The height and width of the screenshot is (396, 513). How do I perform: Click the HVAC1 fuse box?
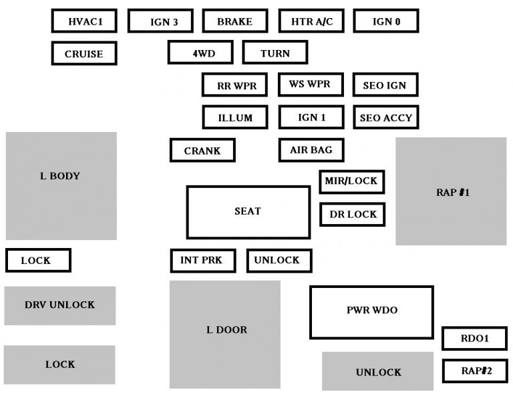click(x=85, y=21)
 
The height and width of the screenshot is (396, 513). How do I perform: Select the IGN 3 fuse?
click(x=161, y=21)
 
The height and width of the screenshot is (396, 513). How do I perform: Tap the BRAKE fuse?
click(x=235, y=21)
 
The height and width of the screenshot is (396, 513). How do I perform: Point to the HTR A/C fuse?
click(x=311, y=21)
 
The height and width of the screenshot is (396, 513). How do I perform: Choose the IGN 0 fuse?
click(x=386, y=21)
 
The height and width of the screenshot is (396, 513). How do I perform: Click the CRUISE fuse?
click(x=84, y=53)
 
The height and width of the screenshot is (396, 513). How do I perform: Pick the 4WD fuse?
click(x=200, y=53)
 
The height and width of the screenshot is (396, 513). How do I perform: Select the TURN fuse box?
click(x=275, y=53)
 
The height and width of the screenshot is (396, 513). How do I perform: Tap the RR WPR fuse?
click(x=235, y=85)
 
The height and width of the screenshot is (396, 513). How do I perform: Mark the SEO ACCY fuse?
click(x=386, y=117)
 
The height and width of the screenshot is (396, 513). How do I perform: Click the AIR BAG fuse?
click(x=311, y=150)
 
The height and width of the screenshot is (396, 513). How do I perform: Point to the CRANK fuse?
click(x=202, y=151)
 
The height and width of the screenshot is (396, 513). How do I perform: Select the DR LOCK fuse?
click(x=352, y=214)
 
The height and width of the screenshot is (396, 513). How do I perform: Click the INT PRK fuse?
click(x=203, y=260)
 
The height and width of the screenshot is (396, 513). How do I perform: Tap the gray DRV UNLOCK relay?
click(x=60, y=305)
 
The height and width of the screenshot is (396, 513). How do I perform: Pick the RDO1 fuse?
click(x=474, y=339)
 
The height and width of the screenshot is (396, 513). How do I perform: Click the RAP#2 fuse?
click(x=474, y=370)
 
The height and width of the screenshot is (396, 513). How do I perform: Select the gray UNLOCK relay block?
click(x=378, y=371)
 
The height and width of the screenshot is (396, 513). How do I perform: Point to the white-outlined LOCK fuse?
click(x=38, y=260)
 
